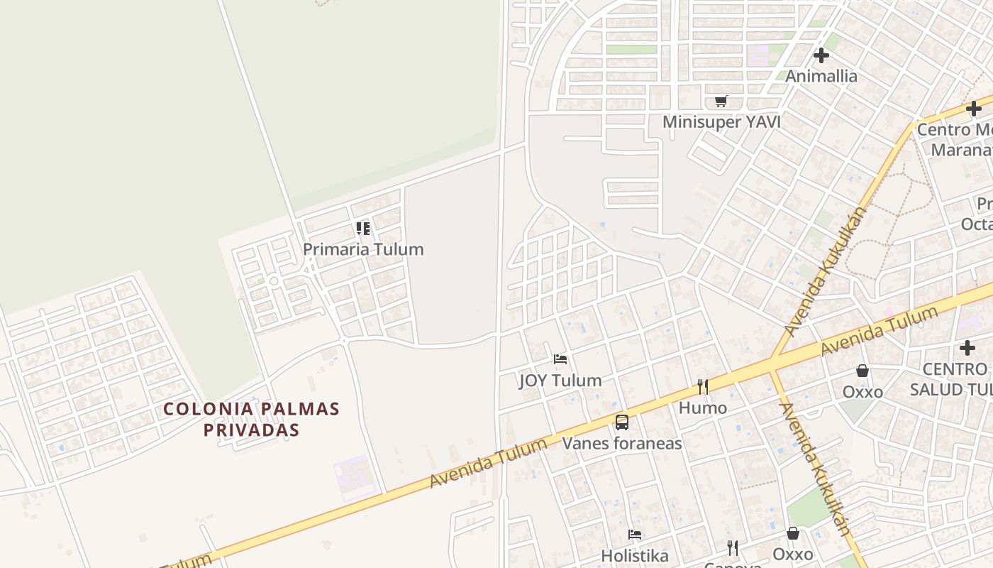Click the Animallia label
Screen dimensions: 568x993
(x=821, y=76)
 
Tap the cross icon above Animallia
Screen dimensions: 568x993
(x=821, y=55)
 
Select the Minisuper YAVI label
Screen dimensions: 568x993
(x=721, y=122)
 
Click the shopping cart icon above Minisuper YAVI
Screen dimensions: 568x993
(x=721, y=101)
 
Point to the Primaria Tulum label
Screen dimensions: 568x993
(x=363, y=249)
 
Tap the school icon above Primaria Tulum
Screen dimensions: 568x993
(x=363, y=229)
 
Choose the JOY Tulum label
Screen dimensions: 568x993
(x=560, y=381)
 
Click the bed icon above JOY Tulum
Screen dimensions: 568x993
(x=560, y=359)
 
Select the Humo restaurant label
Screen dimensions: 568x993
(x=702, y=408)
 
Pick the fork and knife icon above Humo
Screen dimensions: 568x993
(x=702, y=387)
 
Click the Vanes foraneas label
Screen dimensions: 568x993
(x=622, y=444)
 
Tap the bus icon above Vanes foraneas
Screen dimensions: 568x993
(x=622, y=422)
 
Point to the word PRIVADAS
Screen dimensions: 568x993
(x=251, y=430)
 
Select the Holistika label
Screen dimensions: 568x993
(x=635, y=555)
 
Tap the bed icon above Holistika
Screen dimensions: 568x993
(x=635, y=534)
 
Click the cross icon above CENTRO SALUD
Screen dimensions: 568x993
(x=967, y=348)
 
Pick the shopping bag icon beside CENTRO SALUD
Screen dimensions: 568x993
(x=862, y=371)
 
